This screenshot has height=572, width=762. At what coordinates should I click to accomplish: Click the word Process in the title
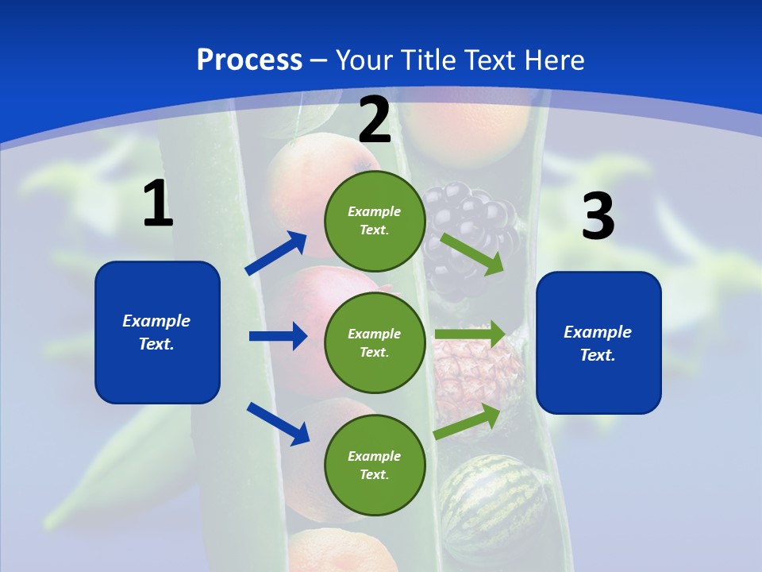click(x=249, y=60)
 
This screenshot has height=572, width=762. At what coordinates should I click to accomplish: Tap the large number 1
click(x=158, y=204)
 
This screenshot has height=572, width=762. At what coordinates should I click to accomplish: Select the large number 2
click(x=375, y=121)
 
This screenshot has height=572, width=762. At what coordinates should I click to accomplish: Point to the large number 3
click(x=598, y=217)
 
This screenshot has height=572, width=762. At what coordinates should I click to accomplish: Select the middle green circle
click(x=375, y=343)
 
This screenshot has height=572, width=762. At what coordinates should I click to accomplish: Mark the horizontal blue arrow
click(x=278, y=336)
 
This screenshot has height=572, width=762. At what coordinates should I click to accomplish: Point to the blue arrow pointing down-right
click(x=279, y=423)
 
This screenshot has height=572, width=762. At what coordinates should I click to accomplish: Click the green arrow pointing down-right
click(x=472, y=253)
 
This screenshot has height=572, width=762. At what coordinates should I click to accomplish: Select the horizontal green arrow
click(x=470, y=334)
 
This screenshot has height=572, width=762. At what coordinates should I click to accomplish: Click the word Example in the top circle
click(x=375, y=211)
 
